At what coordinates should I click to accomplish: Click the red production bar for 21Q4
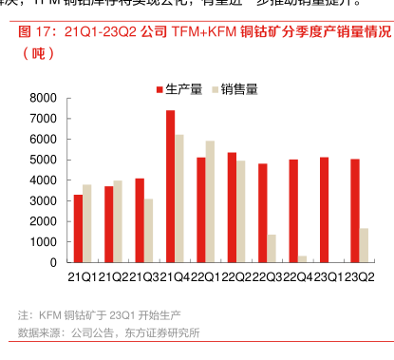170,186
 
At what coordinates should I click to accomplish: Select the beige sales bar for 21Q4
179,199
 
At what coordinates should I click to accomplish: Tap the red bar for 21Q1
78,228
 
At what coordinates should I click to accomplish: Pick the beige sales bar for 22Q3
272,248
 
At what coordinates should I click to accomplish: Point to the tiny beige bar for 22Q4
303,258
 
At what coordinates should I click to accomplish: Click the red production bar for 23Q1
324,210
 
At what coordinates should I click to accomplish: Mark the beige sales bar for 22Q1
210,201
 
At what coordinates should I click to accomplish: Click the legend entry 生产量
178,88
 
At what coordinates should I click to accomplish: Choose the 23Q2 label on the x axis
359,276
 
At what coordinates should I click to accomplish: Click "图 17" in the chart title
36,32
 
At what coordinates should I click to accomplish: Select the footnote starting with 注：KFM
100,314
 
